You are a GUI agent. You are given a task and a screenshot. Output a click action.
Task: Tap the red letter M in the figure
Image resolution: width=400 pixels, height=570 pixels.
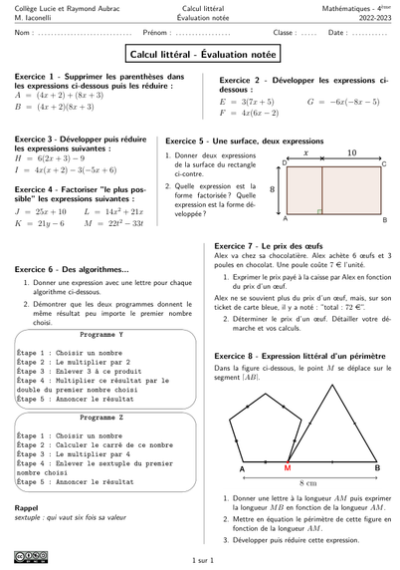pos(288,467)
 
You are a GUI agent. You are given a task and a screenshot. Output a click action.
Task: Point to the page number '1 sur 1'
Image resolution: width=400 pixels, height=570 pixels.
pos(200,561)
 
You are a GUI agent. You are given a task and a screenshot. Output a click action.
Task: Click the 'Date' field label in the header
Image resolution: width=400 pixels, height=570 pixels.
pos(337,34)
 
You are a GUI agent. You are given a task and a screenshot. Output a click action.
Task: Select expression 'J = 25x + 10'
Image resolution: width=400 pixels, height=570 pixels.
pos(41,212)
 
